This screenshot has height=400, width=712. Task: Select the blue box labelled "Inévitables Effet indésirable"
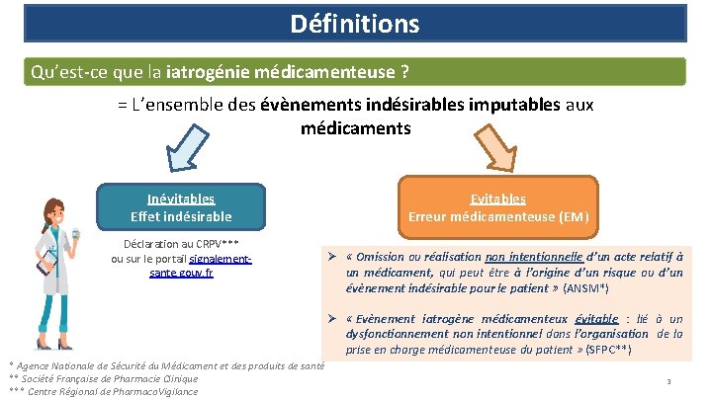(x=181, y=207)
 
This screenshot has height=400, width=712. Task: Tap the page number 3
(x=669, y=381)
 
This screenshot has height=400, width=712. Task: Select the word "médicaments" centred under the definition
(x=355, y=128)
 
